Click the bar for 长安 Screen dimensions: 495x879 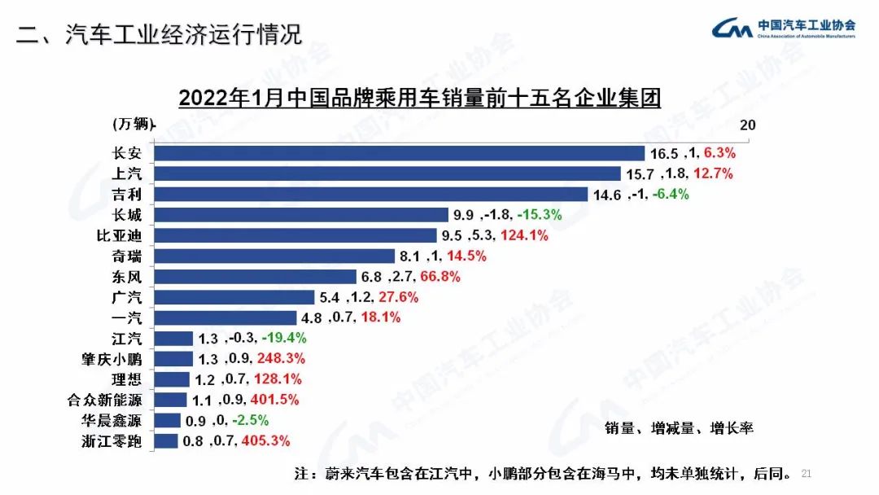tap(399, 152)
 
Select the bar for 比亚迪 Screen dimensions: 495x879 tap(301, 235)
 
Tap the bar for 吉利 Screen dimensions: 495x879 tap(370, 194)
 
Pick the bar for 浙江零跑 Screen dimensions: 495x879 tap(166, 441)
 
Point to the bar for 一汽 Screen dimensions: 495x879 tap(225, 318)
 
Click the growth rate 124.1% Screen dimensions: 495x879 tap(524, 235)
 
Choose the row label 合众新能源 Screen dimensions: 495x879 tap(103, 400)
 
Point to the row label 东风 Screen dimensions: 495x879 tap(127, 277)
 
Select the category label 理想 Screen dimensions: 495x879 tap(127, 379)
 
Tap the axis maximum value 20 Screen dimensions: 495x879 tap(747, 125)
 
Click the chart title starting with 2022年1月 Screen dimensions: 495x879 tap(418, 98)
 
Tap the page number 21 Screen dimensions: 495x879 tap(807, 473)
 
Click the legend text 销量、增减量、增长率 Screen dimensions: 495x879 tap(679, 428)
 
